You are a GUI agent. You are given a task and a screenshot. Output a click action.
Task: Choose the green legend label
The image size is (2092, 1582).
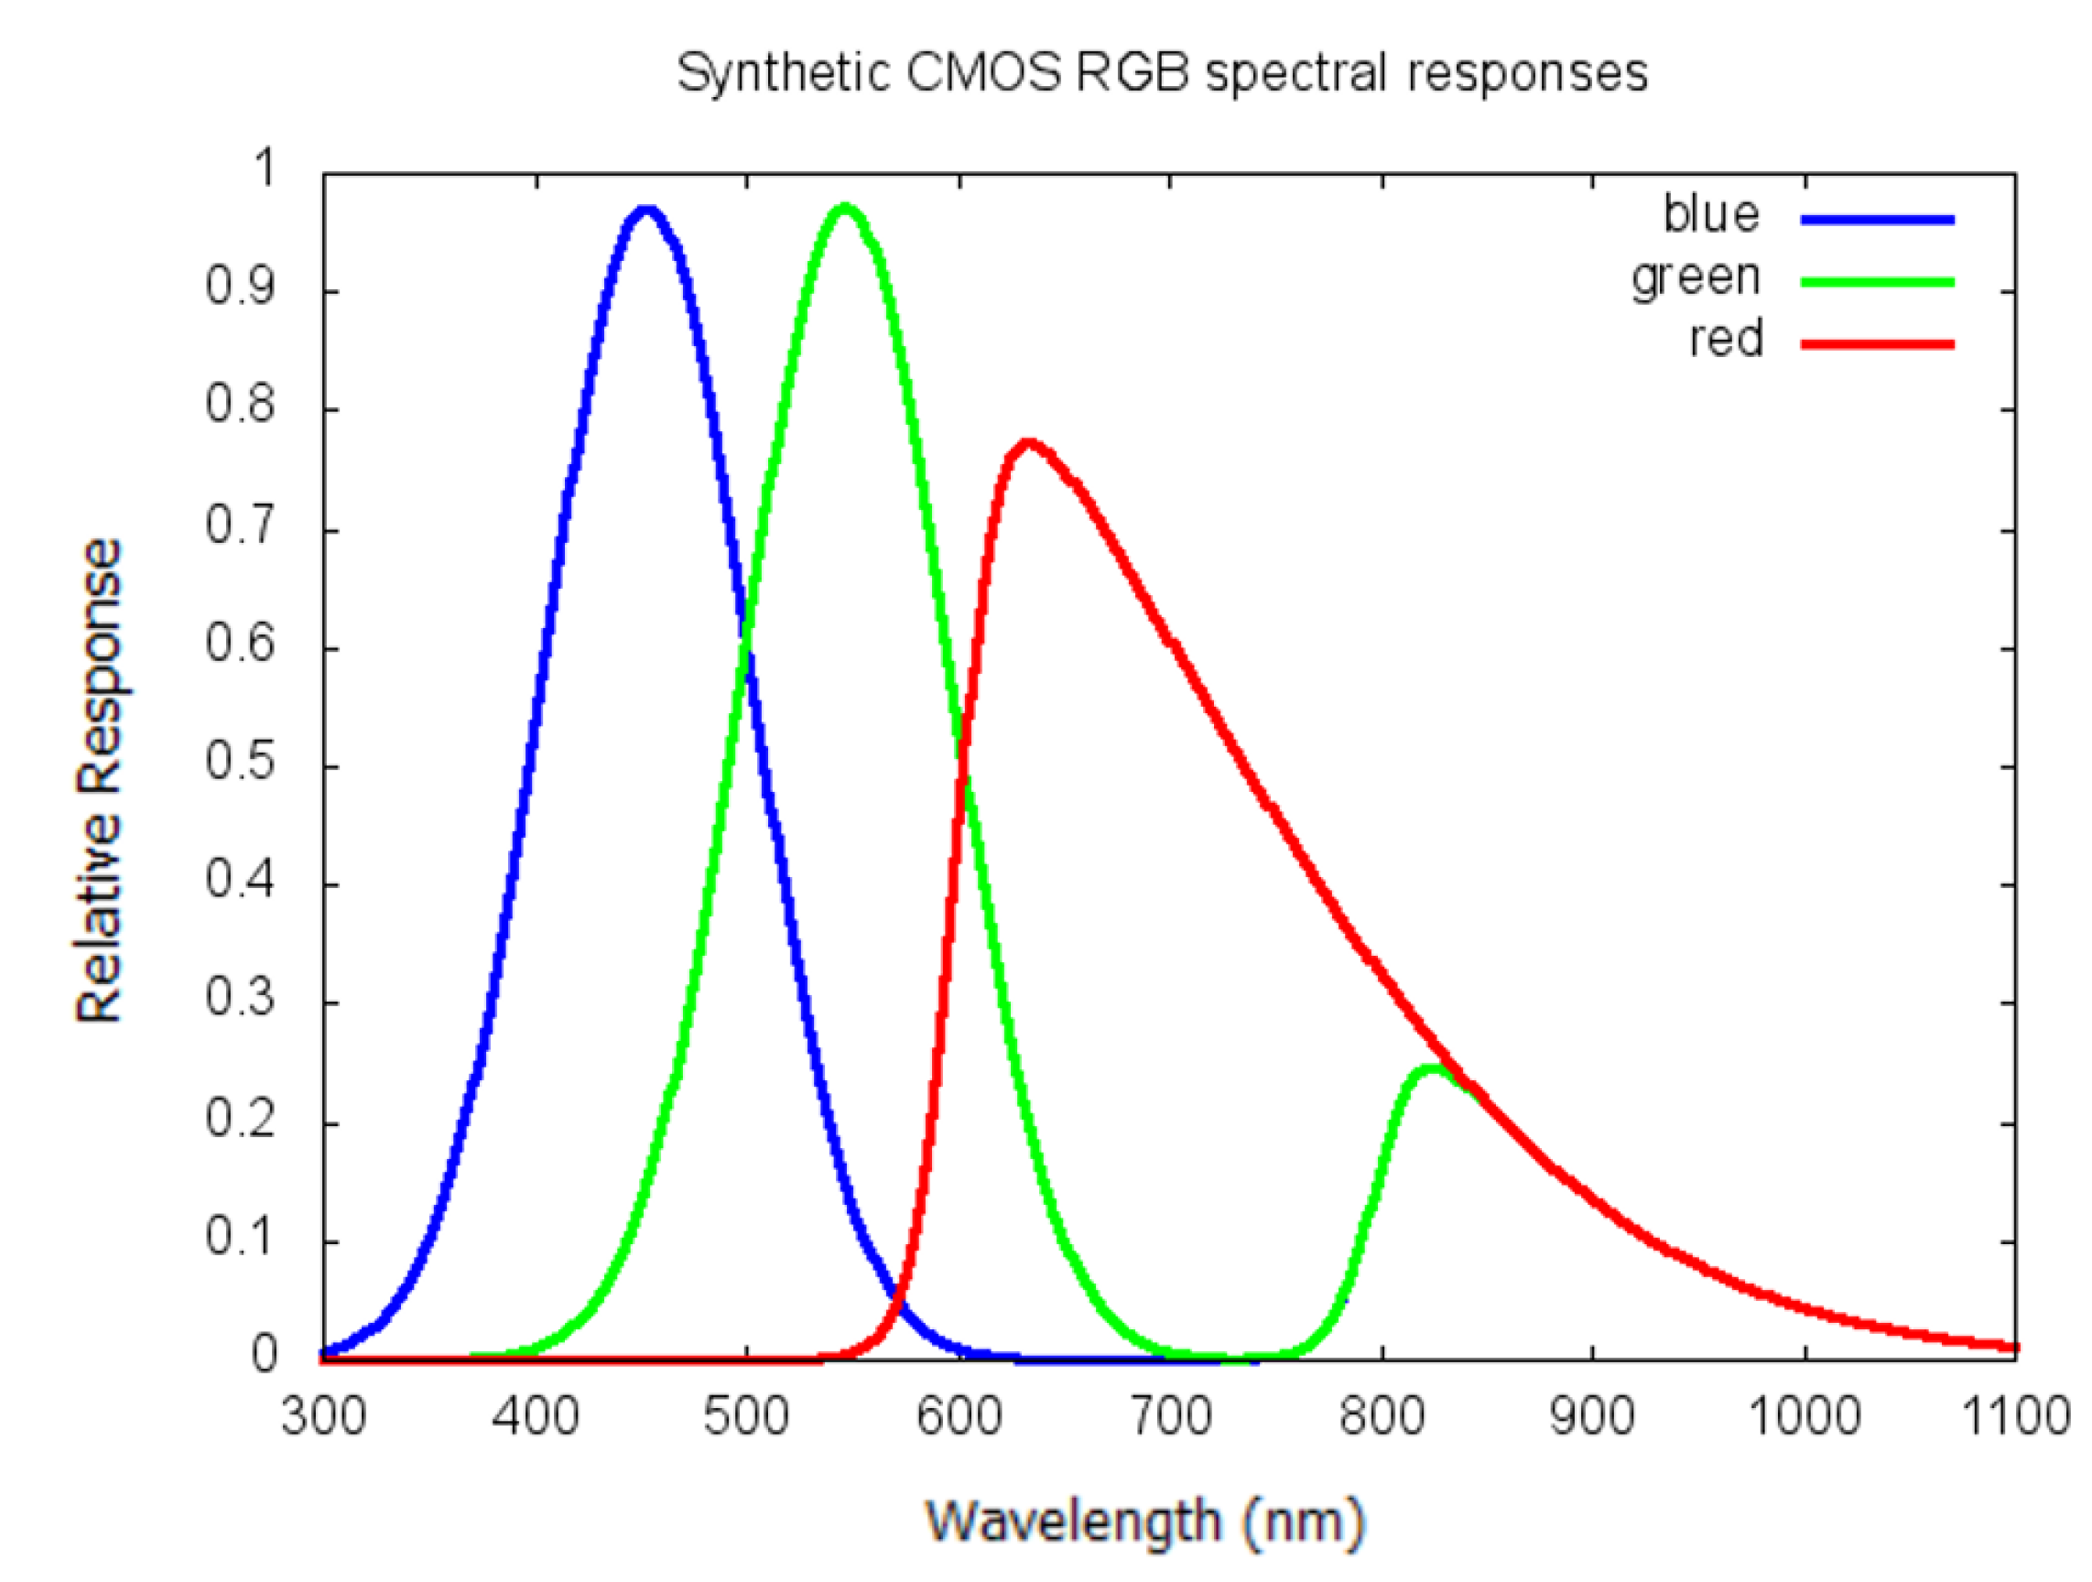pos(1695,277)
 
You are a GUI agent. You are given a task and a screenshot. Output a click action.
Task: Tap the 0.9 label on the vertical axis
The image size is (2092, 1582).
pos(240,287)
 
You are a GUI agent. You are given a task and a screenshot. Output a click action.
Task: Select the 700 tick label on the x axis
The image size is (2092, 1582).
pos(1170,1416)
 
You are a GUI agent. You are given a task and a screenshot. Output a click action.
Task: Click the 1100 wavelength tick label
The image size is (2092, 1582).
pos(2014,1416)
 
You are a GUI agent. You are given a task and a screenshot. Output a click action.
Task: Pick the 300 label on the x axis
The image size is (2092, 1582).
pos(323,1416)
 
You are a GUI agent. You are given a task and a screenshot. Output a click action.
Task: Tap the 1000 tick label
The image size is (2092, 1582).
pos(1804,1416)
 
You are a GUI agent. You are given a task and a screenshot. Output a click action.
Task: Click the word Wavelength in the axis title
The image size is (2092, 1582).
pos(1072,1522)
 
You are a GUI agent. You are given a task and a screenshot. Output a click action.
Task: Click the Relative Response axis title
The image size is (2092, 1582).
pos(99,780)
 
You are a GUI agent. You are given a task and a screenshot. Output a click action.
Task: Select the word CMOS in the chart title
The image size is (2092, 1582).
pos(982,73)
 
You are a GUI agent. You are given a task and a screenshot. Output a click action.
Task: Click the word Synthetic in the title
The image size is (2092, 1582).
pos(784,73)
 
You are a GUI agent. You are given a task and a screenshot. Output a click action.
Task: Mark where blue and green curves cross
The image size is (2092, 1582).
pos(745,632)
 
